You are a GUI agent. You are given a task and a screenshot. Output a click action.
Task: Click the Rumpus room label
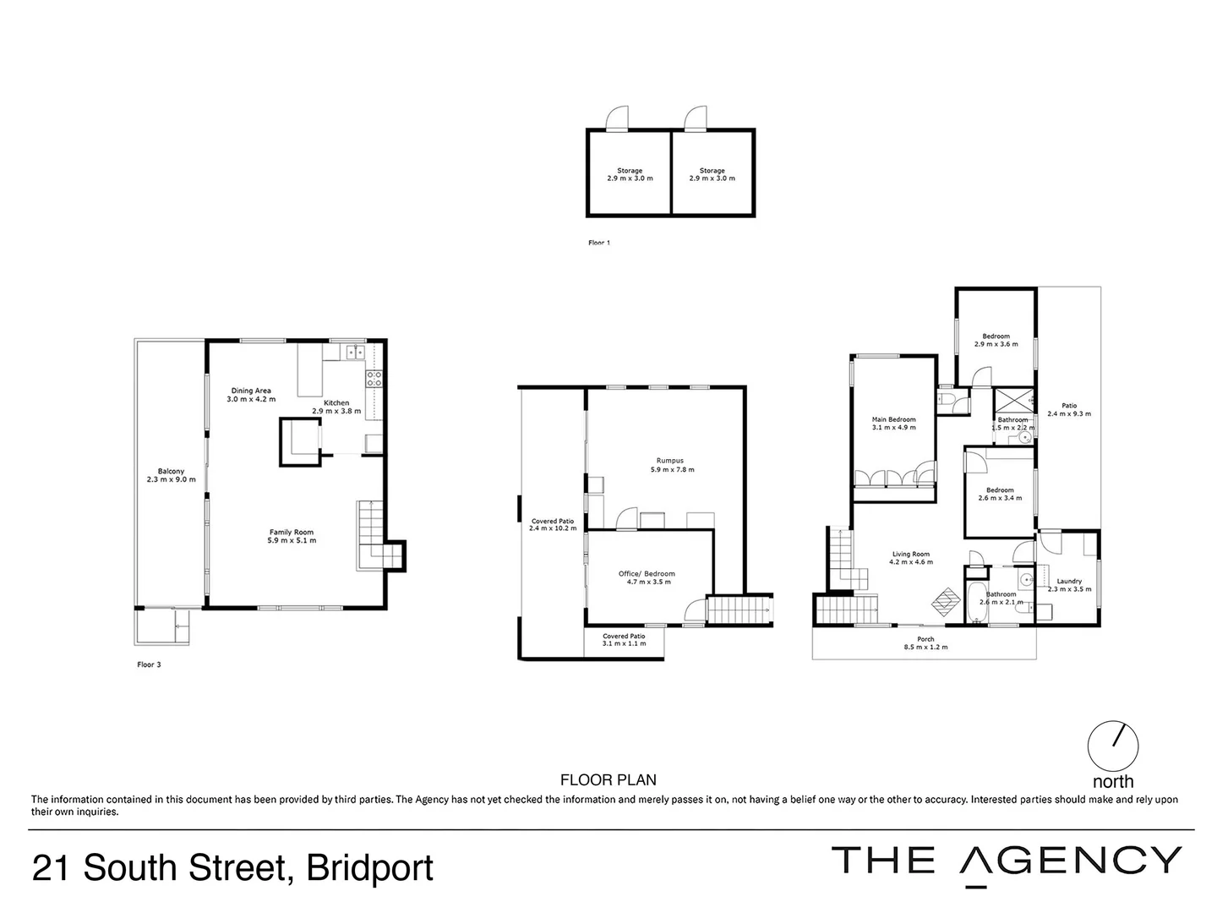(672, 465)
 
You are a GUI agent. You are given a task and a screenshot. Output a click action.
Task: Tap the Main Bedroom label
(893, 424)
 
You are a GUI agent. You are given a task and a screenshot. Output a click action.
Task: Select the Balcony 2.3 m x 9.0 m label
(171, 475)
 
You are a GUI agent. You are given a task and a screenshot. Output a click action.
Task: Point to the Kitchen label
(336, 407)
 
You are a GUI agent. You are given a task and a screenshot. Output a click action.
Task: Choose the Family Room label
(292, 536)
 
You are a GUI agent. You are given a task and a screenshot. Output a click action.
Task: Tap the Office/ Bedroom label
(647, 577)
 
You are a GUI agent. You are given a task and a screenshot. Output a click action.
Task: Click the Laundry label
(1069, 585)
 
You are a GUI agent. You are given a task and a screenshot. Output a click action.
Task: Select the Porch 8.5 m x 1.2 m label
(925, 642)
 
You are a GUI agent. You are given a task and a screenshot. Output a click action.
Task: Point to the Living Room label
(910, 558)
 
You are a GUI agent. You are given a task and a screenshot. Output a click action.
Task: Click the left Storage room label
(630, 174)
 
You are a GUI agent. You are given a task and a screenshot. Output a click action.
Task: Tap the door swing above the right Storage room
(696, 118)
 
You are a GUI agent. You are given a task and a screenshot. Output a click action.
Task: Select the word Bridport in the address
(370, 868)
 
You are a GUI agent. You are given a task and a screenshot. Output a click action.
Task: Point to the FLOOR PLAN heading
(608, 780)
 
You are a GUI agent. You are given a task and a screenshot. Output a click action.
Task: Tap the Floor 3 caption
(149, 664)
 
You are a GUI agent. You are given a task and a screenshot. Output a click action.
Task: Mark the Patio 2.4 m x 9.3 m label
(1069, 409)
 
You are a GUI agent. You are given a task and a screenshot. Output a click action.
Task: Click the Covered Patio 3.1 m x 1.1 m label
(624, 640)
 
